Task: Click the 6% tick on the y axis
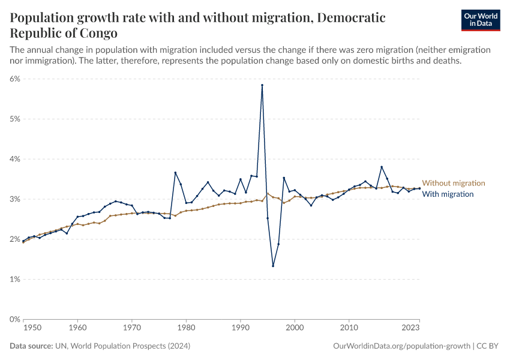pyautogui.click(x=15, y=79)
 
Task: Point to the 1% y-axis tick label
pyautogui.click(x=15, y=279)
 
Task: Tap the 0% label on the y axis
pyautogui.click(x=15, y=319)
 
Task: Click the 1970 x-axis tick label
pyautogui.click(x=131, y=328)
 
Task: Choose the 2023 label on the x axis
pyautogui.click(x=411, y=328)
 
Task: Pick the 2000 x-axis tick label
pyautogui.click(x=295, y=328)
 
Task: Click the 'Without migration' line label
pyautogui.click(x=453, y=183)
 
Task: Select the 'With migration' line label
pyautogui.click(x=448, y=194)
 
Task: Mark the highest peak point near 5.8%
pyautogui.click(x=262, y=85)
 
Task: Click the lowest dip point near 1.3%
pyautogui.click(x=273, y=266)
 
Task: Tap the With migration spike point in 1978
pyautogui.click(x=175, y=173)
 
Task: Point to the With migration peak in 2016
pyautogui.click(x=382, y=167)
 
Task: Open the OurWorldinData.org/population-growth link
pyautogui.click(x=401, y=346)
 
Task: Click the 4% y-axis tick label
pyautogui.click(x=15, y=159)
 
